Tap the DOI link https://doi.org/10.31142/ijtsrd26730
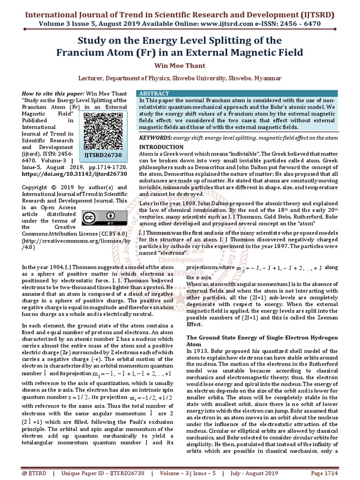click(x=72, y=173)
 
